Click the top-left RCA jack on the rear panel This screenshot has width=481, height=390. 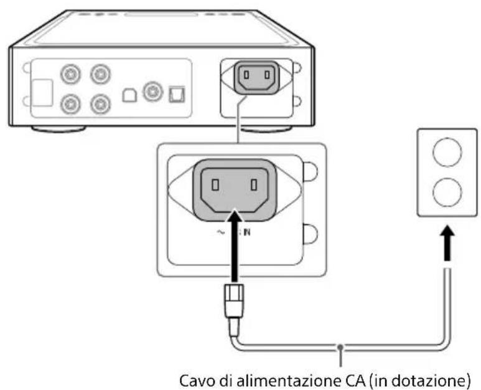pos(70,75)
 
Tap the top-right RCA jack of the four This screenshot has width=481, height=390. pos(98,75)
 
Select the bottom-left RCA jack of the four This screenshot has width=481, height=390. pos(70,102)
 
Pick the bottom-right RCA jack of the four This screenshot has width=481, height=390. pos(98,102)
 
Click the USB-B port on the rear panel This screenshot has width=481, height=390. pos(129,93)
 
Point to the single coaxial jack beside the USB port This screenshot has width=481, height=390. pos(151,92)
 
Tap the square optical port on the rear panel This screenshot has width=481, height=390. pos(174,93)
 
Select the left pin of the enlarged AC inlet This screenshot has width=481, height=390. pos(215,186)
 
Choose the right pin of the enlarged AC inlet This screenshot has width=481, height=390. pos(255,186)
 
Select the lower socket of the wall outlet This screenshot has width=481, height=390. pos(446,190)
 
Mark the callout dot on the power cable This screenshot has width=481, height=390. pos(340,346)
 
